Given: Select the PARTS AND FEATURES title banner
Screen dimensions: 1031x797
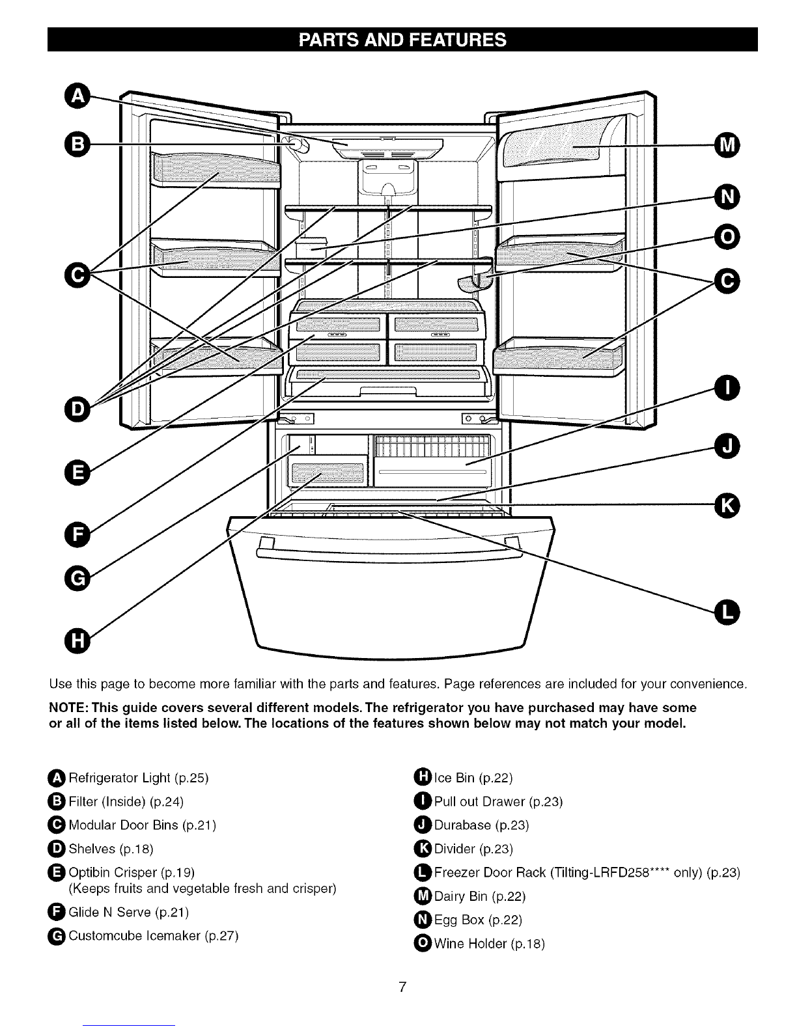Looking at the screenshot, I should [x=402, y=40].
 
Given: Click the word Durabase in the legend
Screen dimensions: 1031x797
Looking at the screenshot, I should [x=462, y=825].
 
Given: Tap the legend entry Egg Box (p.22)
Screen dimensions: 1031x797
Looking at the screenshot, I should [x=478, y=920].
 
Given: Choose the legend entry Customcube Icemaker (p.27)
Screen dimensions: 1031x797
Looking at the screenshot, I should [x=154, y=936].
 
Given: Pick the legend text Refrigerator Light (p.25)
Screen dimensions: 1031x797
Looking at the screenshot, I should [x=138, y=778].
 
